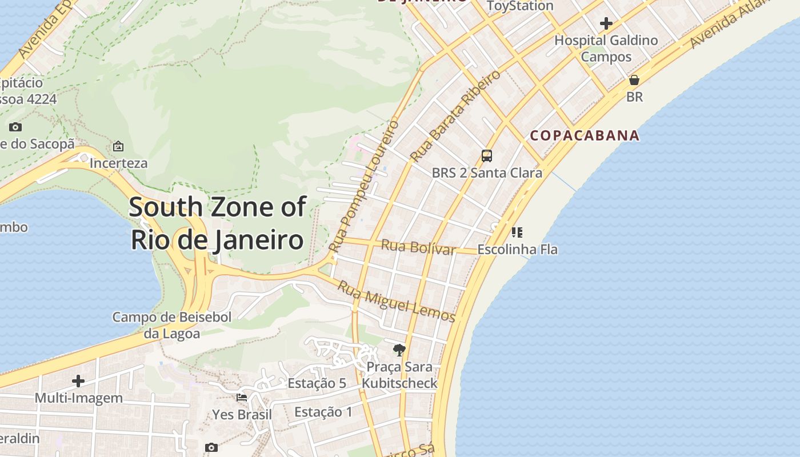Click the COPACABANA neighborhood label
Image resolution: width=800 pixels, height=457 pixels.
click(x=585, y=135)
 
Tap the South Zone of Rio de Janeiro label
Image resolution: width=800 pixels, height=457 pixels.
click(x=217, y=223)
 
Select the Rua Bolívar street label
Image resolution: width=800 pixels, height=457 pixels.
click(x=418, y=247)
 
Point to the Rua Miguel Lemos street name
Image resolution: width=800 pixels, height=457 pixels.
click(x=396, y=302)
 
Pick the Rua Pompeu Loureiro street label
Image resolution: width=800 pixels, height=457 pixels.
click(x=364, y=186)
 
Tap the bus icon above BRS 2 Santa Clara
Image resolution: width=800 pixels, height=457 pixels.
click(x=487, y=155)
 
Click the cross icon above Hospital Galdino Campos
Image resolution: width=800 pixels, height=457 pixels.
click(x=606, y=23)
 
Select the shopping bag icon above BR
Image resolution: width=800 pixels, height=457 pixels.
click(x=634, y=80)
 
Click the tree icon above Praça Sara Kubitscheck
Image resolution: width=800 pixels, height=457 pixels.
click(x=399, y=350)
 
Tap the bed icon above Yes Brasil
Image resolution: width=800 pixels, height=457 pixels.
click(x=242, y=397)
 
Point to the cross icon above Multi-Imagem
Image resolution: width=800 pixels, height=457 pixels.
click(x=78, y=381)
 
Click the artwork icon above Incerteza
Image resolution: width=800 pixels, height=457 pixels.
click(x=118, y=146)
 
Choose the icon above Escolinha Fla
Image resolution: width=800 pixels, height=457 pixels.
click(x=517, y=232)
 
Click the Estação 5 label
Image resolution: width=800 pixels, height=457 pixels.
click(x=317, y=383)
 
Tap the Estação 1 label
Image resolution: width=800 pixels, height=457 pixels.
click(x=323, y=412)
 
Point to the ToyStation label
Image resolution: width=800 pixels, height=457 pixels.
click(x=520, y=6)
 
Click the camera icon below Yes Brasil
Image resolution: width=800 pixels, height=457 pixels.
click(x=211, y=447)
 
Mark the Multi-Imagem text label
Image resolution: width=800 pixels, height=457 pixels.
click(x=79, y=398)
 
